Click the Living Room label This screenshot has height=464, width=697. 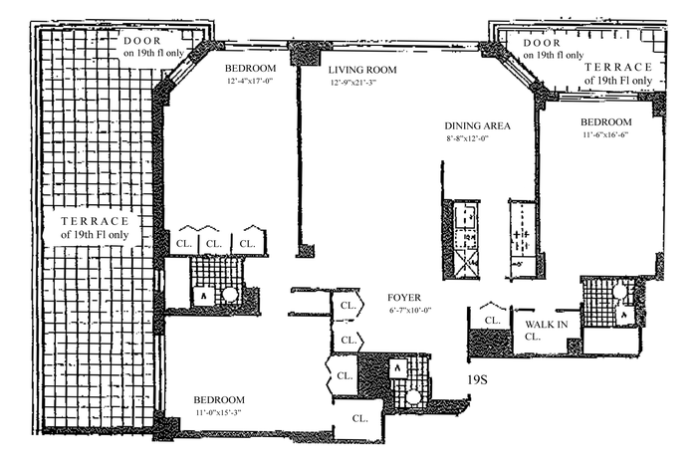point(362,70)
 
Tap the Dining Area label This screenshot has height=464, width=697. point(477,125)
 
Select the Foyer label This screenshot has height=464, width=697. point(404,298)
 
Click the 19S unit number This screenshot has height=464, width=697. point(477,380)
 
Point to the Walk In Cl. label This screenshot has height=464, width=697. point(547,331)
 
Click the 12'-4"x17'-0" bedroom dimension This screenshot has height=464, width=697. point(249,81)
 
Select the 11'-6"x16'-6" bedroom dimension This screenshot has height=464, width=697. point(605,134)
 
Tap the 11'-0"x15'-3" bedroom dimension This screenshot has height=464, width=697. point(218,412)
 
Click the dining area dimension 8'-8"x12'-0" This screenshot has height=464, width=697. point(468,138)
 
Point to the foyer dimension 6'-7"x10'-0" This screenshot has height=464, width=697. point(410,311)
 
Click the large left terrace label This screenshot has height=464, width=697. point(95,228)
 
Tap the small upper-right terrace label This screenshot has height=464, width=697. point(618,74)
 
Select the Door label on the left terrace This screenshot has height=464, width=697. point(153,47)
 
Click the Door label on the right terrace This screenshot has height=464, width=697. point(554,49)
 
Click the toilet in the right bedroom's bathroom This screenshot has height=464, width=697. point(624,315)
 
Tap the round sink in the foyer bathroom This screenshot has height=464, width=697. point(413,397)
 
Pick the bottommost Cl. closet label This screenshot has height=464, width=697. point(359,418)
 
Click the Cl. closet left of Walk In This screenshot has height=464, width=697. point(492,320)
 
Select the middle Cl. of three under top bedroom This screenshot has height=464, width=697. point(214,244)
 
